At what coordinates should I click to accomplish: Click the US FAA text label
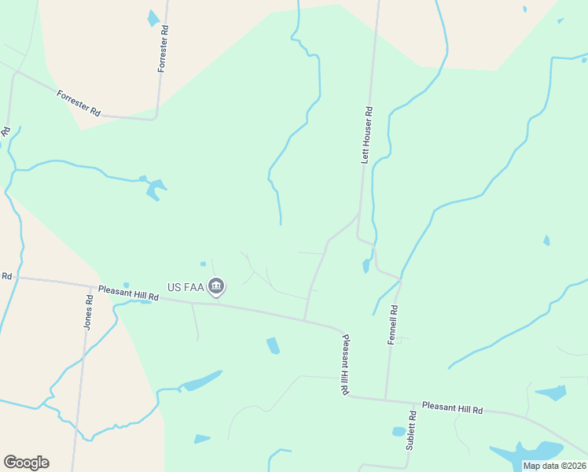click(186, 288)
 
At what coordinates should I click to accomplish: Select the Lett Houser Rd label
click(366, 135)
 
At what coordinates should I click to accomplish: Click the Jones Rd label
click(89, 312)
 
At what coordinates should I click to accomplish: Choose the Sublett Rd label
click(410, 430)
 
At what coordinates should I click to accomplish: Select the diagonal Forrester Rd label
click(79, 103)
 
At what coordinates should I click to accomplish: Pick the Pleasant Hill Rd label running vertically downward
click(344, 364)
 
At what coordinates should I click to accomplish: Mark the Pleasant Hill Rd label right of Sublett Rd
click(452, 409)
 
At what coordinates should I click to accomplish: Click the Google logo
click(26, 463)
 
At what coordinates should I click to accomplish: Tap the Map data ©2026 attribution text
click(555, 466)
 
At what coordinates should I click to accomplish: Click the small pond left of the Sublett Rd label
click(399, 432)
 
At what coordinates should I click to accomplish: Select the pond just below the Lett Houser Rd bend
click(366, 265)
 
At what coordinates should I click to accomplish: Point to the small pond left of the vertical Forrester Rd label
click(153, 18)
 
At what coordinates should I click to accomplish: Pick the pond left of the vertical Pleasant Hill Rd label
click(273, 345)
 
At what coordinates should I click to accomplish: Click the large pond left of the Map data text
click(527, 452)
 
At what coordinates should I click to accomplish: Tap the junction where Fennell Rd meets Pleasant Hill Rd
click(385, 399)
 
